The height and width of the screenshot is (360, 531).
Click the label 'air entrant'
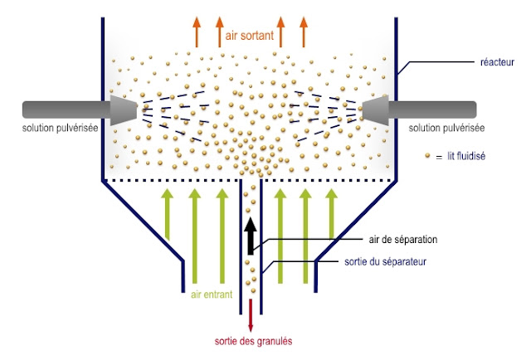207,294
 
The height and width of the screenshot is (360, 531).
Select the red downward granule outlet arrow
251,314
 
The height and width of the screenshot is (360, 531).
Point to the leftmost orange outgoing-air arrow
197,31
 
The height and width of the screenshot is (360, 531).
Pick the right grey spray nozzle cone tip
375,109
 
